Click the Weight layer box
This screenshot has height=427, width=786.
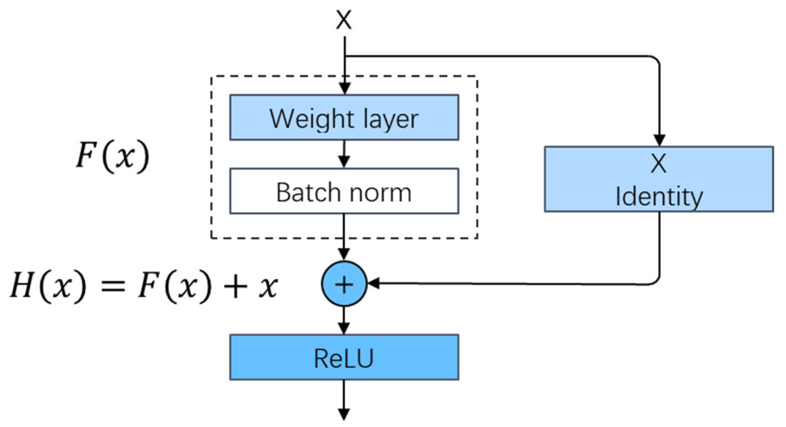click(x=344, y=117)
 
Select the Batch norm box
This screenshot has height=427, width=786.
click(x=344, y=191)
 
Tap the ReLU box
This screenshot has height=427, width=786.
click(x=344, y=357)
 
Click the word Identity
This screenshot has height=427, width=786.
click(x=659, y=197)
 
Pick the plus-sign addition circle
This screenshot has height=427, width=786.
click(x=344, y=284)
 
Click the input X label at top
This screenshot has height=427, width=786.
click(x=344, y=20)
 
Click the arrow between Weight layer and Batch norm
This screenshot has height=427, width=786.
click(x=344, y=154)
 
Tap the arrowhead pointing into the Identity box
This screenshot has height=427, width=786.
click(x=659, y=140)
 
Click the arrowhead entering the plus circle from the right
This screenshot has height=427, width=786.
click(x=374, y=284)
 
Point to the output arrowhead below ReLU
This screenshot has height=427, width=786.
click(x=344, y=413)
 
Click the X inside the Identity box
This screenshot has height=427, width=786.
click(x=659, y=164)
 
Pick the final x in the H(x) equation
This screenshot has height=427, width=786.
click(x=268, y=286)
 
